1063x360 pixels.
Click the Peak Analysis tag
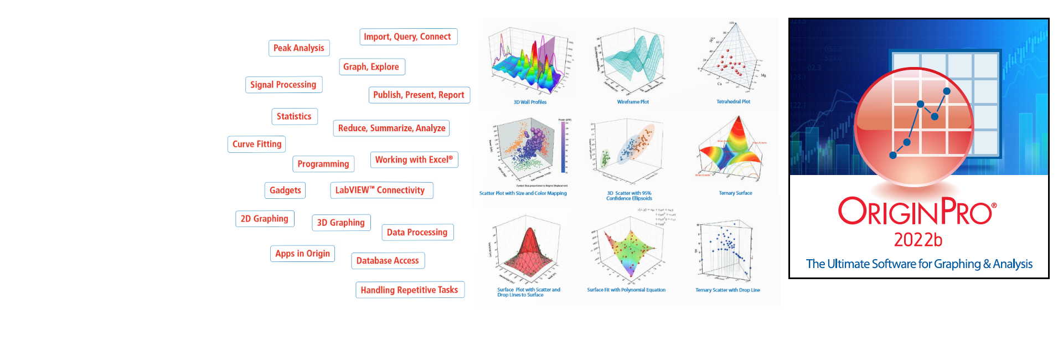[299, 48]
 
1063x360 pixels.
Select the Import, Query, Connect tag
[407, 37]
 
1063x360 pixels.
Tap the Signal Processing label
[283, 85]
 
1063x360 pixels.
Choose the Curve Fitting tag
[257, 144]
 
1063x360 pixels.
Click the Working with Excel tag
[414, 160]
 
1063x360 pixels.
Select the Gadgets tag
[285, 190]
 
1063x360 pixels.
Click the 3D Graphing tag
[340, 223]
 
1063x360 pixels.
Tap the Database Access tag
[388, 260]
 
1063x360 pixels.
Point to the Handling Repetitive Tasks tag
[409, 290]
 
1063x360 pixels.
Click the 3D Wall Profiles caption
[530, 102]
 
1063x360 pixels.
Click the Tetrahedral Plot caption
[733, 102]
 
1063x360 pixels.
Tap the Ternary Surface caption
[735, 193]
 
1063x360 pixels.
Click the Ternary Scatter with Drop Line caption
[727, 290]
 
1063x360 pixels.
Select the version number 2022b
[918, 240]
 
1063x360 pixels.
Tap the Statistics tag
[294, 116]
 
